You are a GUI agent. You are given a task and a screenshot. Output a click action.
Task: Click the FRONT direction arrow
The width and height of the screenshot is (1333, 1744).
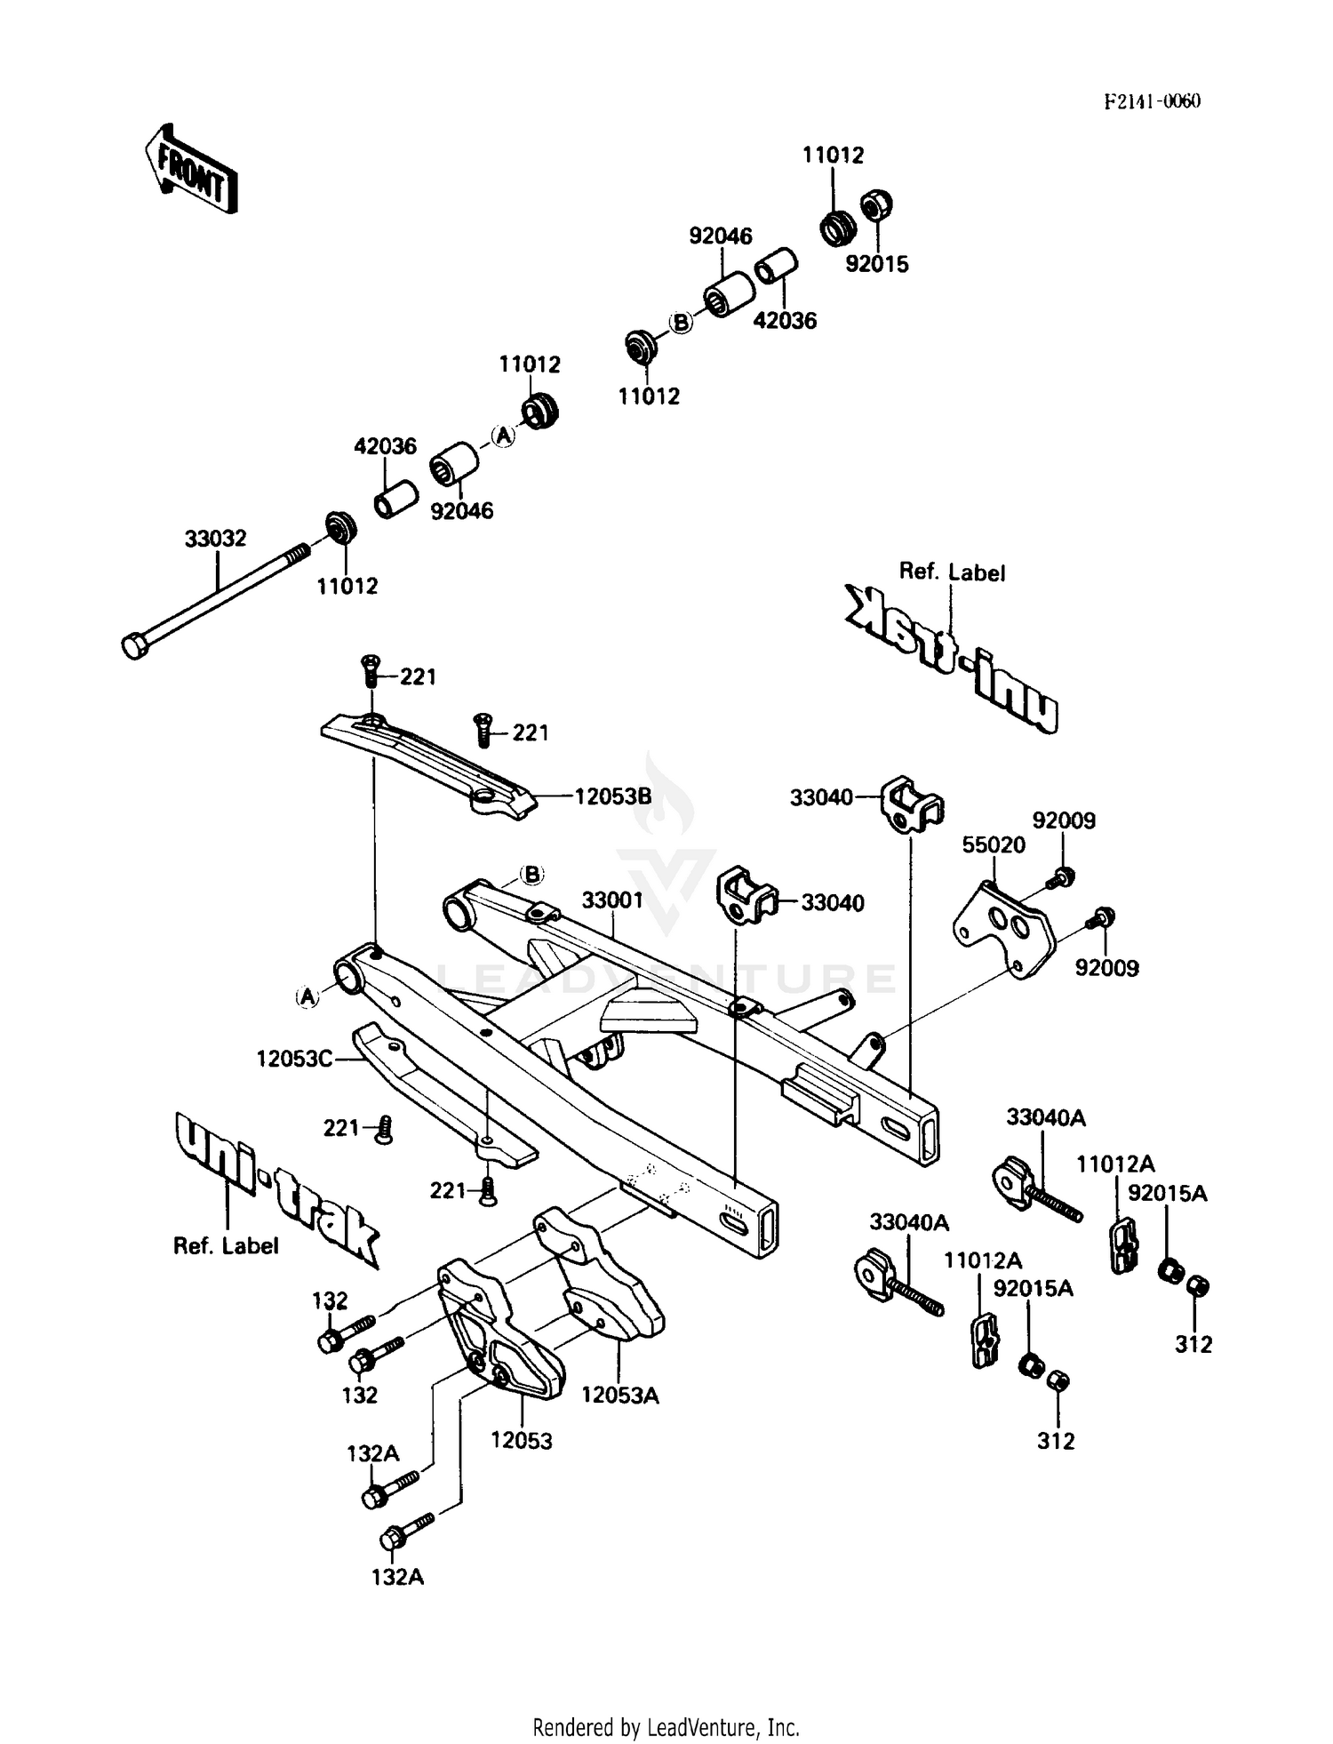coord(190,169)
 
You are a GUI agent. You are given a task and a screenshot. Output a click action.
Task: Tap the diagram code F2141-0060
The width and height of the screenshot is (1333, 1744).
coord(1152,101)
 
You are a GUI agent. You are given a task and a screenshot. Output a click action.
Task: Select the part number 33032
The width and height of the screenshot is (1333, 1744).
coord(215,539)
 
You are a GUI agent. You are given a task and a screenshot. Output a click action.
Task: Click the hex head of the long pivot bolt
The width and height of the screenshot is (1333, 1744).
coord(133,645)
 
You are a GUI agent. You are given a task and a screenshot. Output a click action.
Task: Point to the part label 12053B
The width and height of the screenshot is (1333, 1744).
coord(613,796)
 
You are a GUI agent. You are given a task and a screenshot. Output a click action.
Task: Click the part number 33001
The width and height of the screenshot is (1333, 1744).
coord(612,900)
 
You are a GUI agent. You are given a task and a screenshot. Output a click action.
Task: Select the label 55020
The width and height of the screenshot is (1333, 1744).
coord(993,844)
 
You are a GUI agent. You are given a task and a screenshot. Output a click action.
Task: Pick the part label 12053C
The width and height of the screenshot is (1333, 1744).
coord(294,1059)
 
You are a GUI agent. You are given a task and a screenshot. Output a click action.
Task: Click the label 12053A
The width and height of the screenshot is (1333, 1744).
coord(620,1396)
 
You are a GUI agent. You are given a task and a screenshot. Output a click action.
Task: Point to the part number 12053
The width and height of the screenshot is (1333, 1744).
coord(522,1440)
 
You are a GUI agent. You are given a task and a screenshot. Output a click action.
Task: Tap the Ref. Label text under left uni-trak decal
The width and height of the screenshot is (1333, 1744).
coord(226,1246)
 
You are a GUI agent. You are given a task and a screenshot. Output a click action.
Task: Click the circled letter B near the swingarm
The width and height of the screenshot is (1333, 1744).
coord(531,875)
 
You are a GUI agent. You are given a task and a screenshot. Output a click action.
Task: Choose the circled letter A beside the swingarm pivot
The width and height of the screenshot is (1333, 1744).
coord(307,996)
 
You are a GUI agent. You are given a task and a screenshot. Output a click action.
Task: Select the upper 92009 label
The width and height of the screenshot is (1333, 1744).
coord(1063,820)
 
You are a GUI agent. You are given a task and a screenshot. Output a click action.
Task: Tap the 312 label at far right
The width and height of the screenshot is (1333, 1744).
coord(1193,1344)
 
